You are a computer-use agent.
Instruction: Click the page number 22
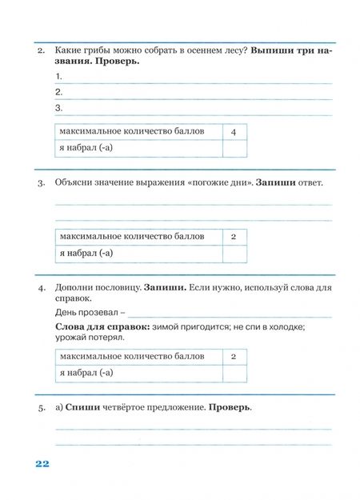click(x=42, y=464)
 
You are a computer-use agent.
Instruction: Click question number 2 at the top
click(x=40, y=50)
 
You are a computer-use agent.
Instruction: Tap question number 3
click(x=40, y=183)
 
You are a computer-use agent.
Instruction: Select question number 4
click(x=40, y=286)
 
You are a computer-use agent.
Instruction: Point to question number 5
click(x=40, y=407)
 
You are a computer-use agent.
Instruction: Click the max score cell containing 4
click(x=234, y=131)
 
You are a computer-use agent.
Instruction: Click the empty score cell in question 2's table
click(x=234, y=149)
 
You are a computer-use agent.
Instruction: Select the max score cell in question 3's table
click(x=234, y=237)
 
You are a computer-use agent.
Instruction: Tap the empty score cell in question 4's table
click(x=234, y=374)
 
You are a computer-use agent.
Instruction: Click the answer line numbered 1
click(x=196, y=78)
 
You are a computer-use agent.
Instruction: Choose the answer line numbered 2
click(x=196, y=93)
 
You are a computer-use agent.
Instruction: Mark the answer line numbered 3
click(x=196, y=109)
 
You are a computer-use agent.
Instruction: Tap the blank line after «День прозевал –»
click(x=228, y=314)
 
